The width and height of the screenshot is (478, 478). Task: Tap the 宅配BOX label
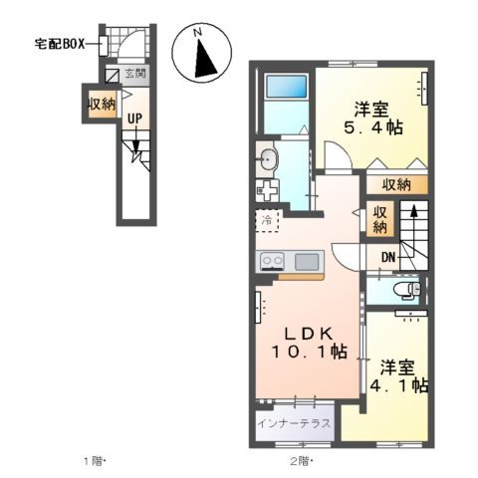pyautogui.click(x=61, y=44)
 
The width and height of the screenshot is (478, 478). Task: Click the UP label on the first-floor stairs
pyautogui.click(x=132, y=118)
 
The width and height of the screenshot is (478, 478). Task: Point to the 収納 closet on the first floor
pyautogui.click(x=100, y=104)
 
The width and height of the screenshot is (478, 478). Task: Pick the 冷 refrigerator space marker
pyautogui.click(x=267, y=218)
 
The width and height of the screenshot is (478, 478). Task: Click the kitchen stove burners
pyautogui.click(x=273, y=261)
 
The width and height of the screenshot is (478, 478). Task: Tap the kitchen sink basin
pyautogui.click(x=307, y=261)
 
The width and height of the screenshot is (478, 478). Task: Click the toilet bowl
pyautogui.click(x=403, y=290)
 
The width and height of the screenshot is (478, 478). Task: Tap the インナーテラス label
pyautogui.click(x=295, y=421)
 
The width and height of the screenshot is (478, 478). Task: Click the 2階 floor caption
pyautogui.click(x=300, y=461)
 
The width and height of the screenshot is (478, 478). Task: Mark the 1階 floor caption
pyautogui.click(x=93, y=461)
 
